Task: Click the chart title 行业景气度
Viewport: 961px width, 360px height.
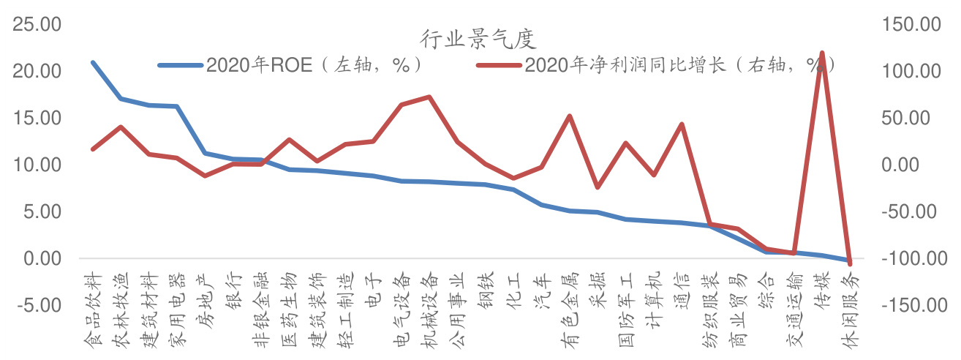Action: click(x=479, y=37)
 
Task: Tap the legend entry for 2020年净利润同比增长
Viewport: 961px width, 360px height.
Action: click(x=680, y=65)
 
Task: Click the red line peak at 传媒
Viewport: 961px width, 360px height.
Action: click(x=822, y=53)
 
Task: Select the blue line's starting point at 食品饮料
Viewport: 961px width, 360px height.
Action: click(x=92, y=62)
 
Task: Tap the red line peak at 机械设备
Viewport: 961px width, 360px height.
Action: click(x=429, y=97)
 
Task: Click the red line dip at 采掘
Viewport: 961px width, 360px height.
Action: click(x=598, y=187)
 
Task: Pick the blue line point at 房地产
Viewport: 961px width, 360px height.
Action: click(x=205, y=153)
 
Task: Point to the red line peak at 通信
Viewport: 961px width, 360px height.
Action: click(x=682, y=124)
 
